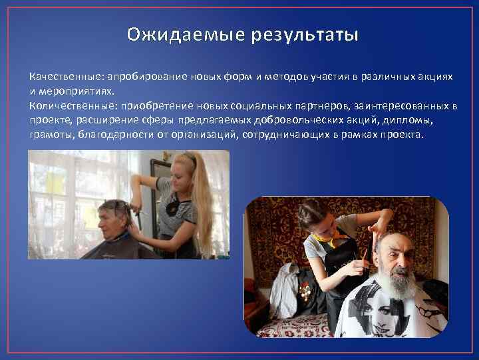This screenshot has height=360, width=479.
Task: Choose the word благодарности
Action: coord(106,135)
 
